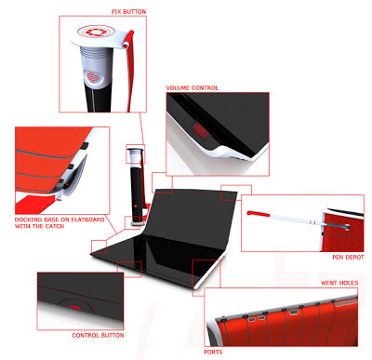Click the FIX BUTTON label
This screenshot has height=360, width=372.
(128, 12)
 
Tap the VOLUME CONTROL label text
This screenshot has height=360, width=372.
(193, 88)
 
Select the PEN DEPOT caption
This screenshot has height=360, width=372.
(348, 257)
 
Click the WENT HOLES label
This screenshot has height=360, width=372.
(339, 283)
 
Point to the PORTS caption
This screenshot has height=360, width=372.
(213, 352)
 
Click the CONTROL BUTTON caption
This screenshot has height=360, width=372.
(98, 335)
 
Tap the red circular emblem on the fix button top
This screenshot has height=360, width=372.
(96, 32)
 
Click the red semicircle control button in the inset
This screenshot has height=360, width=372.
(75, 307)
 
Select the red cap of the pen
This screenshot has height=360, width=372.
(258, 214)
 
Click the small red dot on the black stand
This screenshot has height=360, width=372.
(136, 206)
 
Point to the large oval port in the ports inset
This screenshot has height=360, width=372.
(293, 312)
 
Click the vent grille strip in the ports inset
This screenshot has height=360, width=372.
(346, 301)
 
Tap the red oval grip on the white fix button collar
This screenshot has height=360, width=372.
(92, 76)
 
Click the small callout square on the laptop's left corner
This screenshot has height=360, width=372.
(99, 247)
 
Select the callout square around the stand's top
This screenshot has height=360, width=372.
(135, 153)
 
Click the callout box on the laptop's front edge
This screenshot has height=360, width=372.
(129, 269)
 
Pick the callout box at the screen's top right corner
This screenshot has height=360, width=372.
(236, 193)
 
